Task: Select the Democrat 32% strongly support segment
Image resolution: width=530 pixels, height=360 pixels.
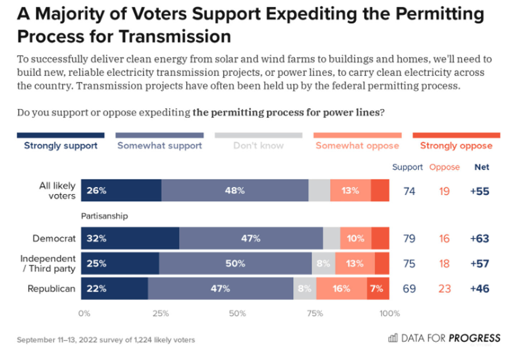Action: pyautogui.click(x=130, y=238)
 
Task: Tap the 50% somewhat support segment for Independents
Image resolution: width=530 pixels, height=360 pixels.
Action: pyautogui.click(x=235, y=264)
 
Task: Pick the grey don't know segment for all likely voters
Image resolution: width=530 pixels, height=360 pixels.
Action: pyautogui.click(x=319, y=191)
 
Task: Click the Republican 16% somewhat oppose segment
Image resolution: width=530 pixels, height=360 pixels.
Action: pyautogui.click(x=341, y=288)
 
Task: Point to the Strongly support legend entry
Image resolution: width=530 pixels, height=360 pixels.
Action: pyautogui.click(x=61, y=145)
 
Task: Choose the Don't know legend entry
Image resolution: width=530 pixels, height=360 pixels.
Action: pyautogui.click(x=258, y=145)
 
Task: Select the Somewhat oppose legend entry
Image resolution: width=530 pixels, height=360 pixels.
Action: pyautogui.click(x=357, y=145)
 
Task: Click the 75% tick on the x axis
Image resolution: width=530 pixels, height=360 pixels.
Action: pyautogui.click(x=315, y=313)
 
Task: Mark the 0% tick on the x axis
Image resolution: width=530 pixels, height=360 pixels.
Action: pyautogui.click(x=84, y=313)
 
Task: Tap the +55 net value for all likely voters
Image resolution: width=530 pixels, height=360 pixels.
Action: pyautogui.click(x=480, y=191)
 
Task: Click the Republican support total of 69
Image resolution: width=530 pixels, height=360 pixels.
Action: pyautogui.click(x=409, y=289)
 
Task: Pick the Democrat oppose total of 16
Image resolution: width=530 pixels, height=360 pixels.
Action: pyautogui.click(x=444, y=239)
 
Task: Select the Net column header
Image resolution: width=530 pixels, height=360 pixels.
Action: pyautogui.click(x=482, y=167)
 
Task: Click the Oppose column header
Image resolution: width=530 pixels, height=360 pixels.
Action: pyautogui.click(x=444, y=167)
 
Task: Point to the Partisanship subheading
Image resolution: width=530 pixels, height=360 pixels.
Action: pyautogui.click(x=104, y=216)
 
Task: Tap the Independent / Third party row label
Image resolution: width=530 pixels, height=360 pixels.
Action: pyautogui.click(x=48, y=264)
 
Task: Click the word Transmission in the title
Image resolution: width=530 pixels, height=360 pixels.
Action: pyautogui.click(x=175, y=37)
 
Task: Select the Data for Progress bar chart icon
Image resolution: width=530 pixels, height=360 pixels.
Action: pyautogui.click(x=393, y=338)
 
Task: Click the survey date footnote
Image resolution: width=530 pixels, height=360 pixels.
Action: pyautogui.click(x=106, y=340)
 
